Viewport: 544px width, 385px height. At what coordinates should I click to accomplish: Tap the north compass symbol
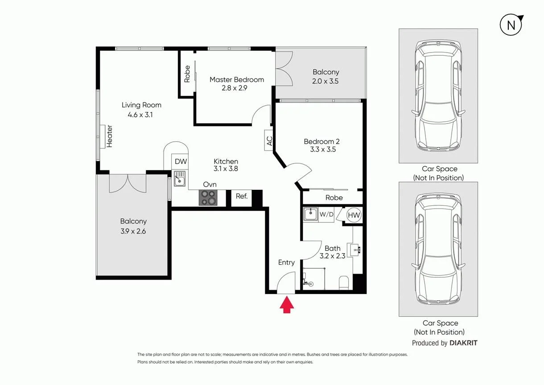click(511, 25)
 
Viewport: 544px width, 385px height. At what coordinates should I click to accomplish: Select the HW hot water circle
click(354, 215)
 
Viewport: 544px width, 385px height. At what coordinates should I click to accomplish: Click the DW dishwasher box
click(181, 162)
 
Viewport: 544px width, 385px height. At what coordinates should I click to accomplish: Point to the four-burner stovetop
click(208, 197)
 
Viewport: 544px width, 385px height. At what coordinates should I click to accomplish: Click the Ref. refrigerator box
click(242, 196)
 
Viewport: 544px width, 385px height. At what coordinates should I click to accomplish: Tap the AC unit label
click(269, 141)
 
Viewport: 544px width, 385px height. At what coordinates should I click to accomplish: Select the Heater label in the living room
click(109, 136)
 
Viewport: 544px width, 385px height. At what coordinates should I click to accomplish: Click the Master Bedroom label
click(237, 80)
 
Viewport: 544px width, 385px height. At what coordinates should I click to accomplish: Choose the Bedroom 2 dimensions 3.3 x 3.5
click(323, 150)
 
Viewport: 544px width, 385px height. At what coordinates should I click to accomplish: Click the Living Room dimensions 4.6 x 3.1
click(141, 115)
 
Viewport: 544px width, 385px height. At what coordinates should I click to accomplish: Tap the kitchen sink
click(180, 181)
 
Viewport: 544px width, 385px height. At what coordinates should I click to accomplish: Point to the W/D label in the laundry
click(326, 214)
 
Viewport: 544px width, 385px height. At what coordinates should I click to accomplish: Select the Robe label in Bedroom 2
click(334, 197)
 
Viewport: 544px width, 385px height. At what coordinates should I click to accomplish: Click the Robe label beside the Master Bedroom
click(187, 74)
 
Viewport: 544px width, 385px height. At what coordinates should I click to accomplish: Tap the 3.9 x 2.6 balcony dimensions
click(133, 231)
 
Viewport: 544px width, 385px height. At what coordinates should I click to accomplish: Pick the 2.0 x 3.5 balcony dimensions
click(326, 81)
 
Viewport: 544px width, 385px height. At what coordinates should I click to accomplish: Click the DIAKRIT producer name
click(463, 343)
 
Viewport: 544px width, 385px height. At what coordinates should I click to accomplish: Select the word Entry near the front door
click(286, 262)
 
